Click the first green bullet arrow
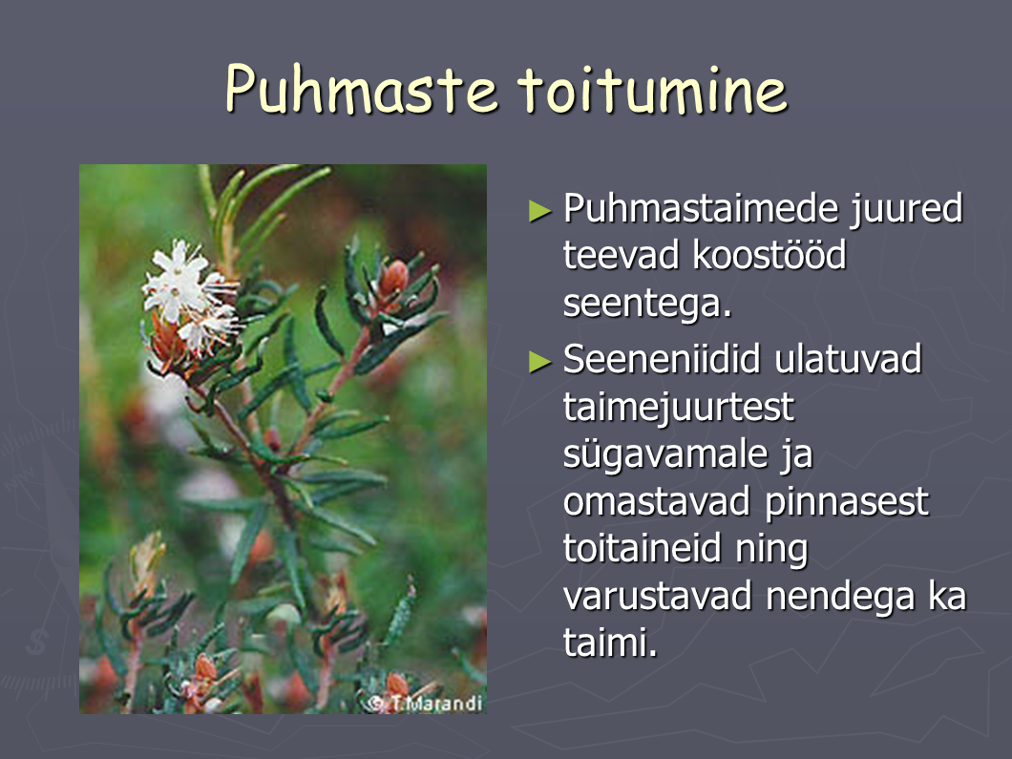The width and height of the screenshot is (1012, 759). coord(540,210)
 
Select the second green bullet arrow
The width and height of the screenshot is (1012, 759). coord(540,362)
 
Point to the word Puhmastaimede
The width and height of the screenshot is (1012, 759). coord(701,208)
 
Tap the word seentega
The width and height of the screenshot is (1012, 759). coord(647,304)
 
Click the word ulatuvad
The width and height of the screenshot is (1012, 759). coord(848,359)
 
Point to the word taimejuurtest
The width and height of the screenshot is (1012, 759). coord(678,408)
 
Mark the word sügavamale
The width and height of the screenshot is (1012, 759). coord(665,455)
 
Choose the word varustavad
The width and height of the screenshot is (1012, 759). coord(658,597)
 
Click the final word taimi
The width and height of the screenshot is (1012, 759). coord(611,643)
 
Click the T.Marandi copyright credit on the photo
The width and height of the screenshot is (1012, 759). coord(425,703)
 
